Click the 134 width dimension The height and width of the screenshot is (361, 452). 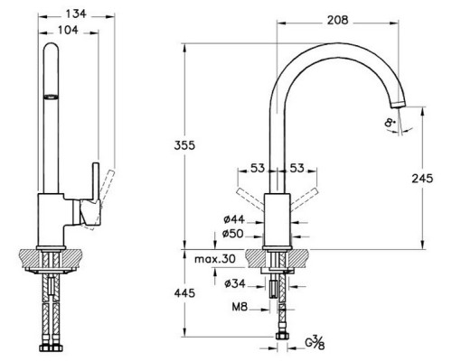pyautogui.click(x=76, y=14)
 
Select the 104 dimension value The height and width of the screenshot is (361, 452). pyautogui.click(x=68, y=30)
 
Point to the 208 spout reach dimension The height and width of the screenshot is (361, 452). pyautogui.click(x=338, y=21)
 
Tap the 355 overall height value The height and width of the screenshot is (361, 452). pyautogui.click(x=184, y=145)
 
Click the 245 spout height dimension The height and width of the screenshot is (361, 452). pyautogui.click(x=422, y=179)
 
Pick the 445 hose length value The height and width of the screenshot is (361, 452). pyautogui.click(x=184, y=293)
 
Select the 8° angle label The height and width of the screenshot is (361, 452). pyautogui.click(x=390, y=123)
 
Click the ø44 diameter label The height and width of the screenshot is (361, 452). pyautogui.click(x=234, y=219)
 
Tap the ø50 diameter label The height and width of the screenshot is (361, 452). pyautogui.click(x=233, y=234)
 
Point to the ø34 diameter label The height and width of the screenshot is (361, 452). pyautogui.click(x=235, y=283)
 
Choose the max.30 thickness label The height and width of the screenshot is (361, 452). pyautogui.click(x=215, y=259)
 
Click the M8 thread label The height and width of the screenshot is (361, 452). pyautogui.click(x=240, y=307)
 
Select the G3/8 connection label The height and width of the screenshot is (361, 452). pyautogui.click(x=315, y=342)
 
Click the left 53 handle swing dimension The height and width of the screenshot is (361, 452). pyautogui.click(x=258, y=168)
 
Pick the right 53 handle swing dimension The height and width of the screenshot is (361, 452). pyautogui.click(x=297, y=168)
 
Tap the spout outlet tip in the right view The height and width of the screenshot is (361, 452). pyautogui.click(x=399, y=105)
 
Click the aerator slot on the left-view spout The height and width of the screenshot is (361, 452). pyautogui.click(x=51, y=97)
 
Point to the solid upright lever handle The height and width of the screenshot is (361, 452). pyautogui.click(x=96, y=181)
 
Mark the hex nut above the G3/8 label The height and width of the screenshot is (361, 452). pyautogui.click(x=282, y=336)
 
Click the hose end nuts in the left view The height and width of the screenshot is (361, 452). pyautogui.click(x=51, y=347)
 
